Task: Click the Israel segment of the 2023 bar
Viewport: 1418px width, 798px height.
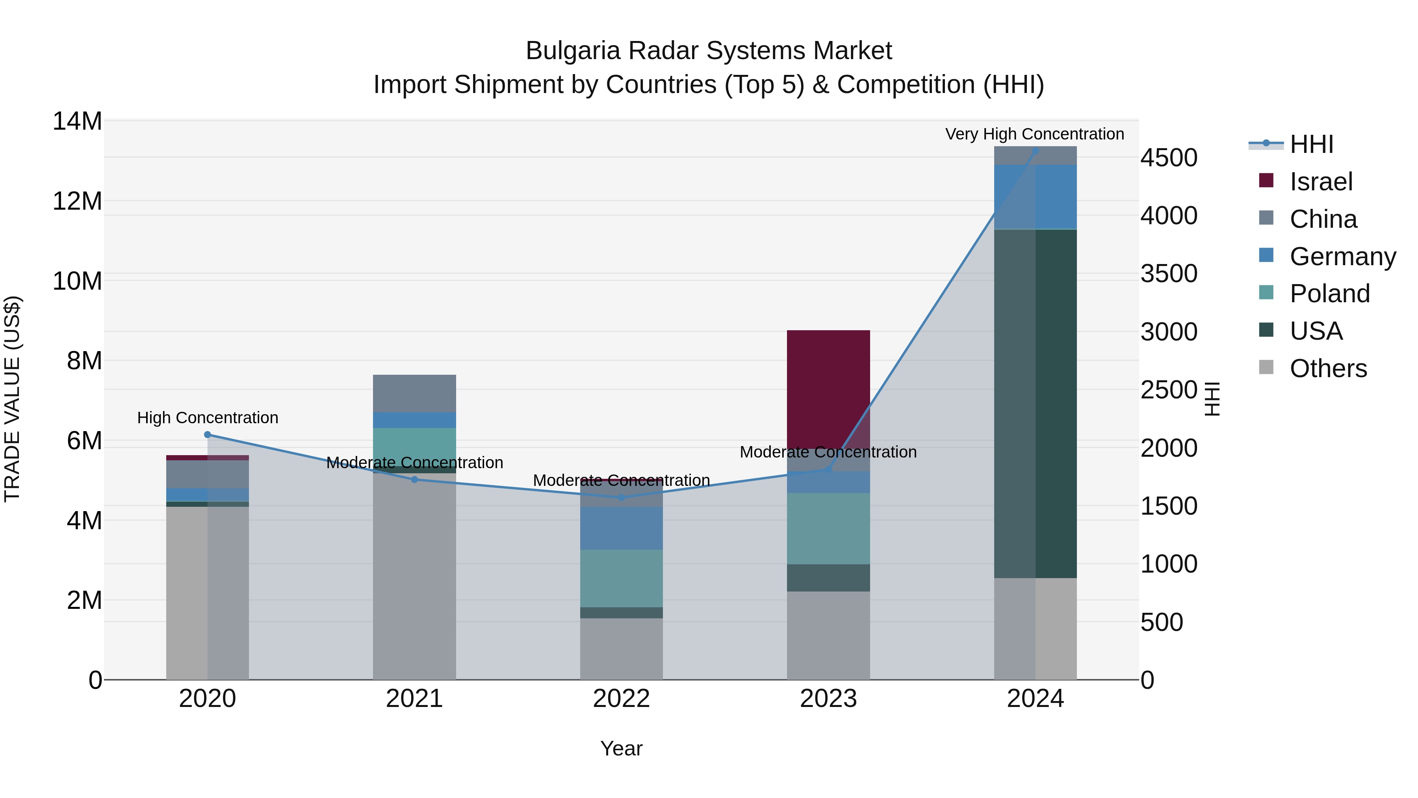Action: pyautogui.click(x=828, y=385)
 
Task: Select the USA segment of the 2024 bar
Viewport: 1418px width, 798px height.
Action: pyautogui.click(x=1035, y=402)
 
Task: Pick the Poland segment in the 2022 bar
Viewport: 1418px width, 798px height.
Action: pyautogui.click(x=621, y=578)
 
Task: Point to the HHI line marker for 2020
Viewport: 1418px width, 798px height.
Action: pyautogui.click(x=208, y=435)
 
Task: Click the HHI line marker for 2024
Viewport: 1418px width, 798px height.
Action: pyautogui.click(x=1035, y=151)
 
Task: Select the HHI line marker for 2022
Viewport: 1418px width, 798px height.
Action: pyautogui.click(x=621, y=497)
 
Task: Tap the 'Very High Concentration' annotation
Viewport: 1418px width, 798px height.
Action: pyautogui.click(x=1034, y=134)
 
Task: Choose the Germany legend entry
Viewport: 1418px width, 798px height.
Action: pyautogui.click(x=1342, y=257)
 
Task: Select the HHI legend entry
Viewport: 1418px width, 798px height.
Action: pyautogui.click(x=1311, y=144)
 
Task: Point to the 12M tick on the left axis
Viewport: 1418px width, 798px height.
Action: pyautogui.click(x=77, y=201)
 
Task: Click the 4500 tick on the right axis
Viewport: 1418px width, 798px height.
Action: pyautogui.click(x=1168, y=158)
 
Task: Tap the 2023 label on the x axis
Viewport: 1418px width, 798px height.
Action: pyautogui.click(x=828, y=699)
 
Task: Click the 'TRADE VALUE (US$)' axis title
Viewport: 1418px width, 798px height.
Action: pyautogui.click(x=12, y=399)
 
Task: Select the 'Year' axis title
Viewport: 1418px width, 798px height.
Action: pyautogui.click(x=621, y=748)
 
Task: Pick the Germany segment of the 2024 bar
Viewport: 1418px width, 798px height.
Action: pyautogui.click(x=1035, y=197)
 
